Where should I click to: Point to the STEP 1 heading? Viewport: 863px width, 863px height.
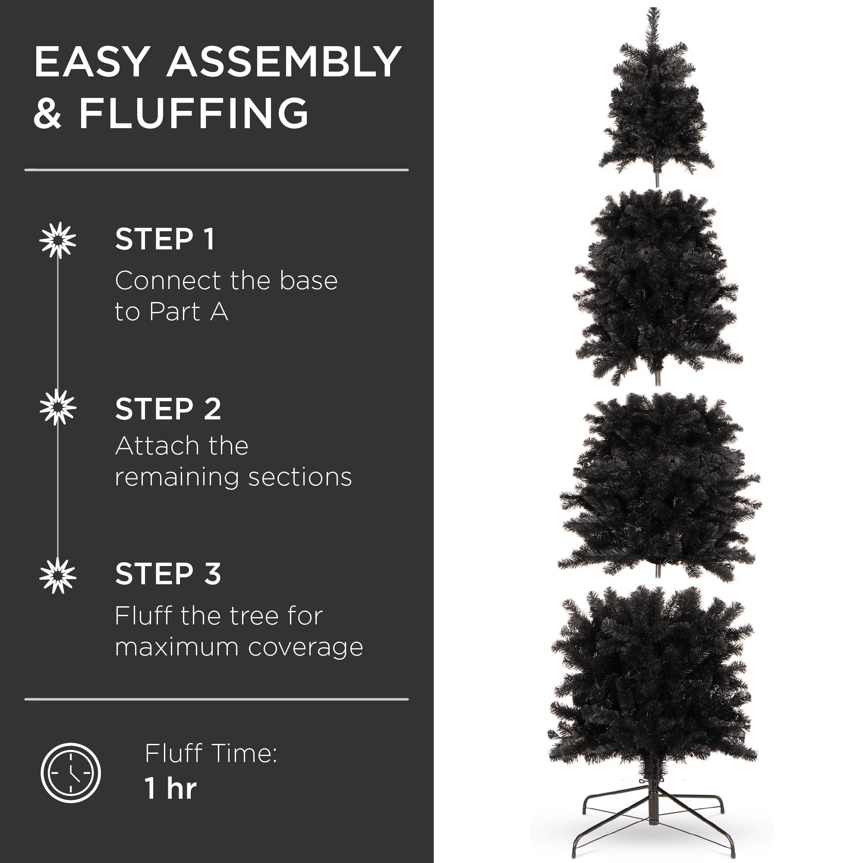pyautogui.click(x=165, y=239)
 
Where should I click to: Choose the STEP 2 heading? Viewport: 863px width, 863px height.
pyautogui.click(x=168, y=409)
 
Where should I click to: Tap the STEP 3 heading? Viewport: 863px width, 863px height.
pyautogui.click(x=168, y=574)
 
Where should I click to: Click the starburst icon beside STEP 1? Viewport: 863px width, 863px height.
pyautogui.click(x=58, y=240)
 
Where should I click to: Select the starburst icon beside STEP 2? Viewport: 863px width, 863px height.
pyautogui.click(x=58, y=407)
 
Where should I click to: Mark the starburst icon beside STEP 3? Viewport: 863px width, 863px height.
pyautogui.click(x=58, y=575)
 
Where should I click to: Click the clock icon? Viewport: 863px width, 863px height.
pyautogui.click(x=71, y=773)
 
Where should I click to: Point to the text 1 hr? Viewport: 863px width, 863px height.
pyautogui.click(x=170, y=788)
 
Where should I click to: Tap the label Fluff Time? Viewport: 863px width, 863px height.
pyautogui.click(x=211, y=753)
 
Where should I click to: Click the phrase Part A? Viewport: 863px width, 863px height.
pyautogui.click(x=189, y=312)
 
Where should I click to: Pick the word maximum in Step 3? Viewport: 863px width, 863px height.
pyautogui.click(x=176, y=647)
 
